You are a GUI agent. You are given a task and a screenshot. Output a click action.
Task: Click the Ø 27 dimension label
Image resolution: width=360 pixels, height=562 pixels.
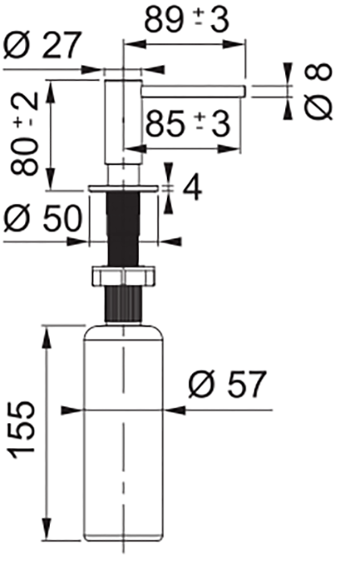[43, 47]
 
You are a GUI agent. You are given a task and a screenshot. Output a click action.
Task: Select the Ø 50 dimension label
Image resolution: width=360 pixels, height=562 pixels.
[43, 218]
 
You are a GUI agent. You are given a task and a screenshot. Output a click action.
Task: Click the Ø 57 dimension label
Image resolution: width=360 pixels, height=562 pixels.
[227, 386]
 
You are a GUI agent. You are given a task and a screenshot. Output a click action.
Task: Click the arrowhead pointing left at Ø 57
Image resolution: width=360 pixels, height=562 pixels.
[171, 410]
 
